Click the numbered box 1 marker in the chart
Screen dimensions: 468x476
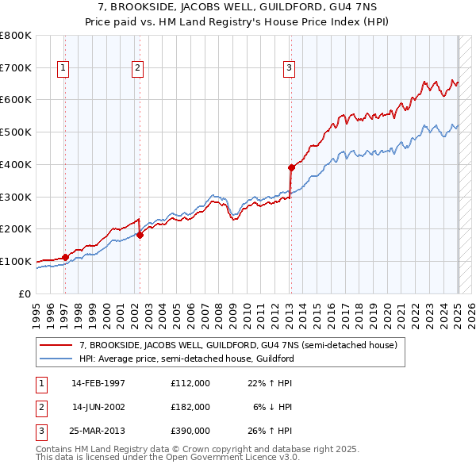click(x=62, y=68)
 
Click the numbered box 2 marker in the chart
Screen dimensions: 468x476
click(x=137, y=68)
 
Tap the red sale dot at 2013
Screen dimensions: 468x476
click(x=291, y=167)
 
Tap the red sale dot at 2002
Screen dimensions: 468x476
click(x=140, y=235)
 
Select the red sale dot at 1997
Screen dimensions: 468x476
click(x=65, y=257)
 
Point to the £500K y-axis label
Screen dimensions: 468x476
click(x=16, y=132)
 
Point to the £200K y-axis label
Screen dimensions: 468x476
click(x=16, y=229)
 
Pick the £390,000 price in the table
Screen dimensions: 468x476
click(x=190, y=431)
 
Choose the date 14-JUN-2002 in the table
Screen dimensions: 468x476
click(x=98, y=407)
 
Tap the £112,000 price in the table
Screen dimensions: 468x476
click(x=190, y=383)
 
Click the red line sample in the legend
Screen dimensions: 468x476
click(x=56, y=345)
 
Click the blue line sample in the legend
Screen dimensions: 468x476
click(x=56, y=359)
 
